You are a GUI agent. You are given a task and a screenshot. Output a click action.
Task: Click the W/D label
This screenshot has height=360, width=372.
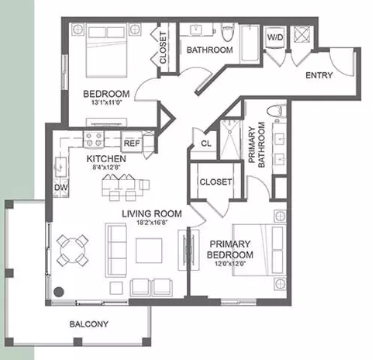tap(275, 37)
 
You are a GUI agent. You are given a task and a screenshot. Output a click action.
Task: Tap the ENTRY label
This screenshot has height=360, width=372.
tap(319, 75)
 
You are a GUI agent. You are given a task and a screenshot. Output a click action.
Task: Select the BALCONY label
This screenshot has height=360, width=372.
tap(89, 324)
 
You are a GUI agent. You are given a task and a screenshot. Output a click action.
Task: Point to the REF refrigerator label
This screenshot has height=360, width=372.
tap(132, 144)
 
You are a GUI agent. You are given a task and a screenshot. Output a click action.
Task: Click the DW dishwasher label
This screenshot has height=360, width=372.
tap(60, 187)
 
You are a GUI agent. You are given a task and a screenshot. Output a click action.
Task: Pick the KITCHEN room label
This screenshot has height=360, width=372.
tap(106, 158)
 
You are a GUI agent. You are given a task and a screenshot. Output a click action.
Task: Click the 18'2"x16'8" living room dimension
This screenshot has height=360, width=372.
tap(152, 223)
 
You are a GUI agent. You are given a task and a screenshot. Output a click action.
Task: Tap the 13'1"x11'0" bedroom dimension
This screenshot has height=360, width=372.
tap(106, 102)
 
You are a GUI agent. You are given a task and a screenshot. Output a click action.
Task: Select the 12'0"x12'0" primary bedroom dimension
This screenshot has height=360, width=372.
tap(230, 264)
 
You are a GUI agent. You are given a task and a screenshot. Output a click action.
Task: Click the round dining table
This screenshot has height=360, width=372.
tap(73, 251)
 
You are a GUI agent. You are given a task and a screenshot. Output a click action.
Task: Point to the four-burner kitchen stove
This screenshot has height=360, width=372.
tap(94, 139)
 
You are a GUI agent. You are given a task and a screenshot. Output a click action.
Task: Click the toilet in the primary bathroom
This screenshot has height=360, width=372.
tap(277, 112)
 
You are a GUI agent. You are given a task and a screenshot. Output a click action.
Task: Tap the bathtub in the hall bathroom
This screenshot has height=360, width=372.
tap(250, 43)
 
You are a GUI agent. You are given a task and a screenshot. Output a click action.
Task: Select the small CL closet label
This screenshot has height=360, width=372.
tap(206, 144)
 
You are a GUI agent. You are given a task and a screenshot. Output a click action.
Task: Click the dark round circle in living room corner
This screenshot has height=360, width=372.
tap(59, 292)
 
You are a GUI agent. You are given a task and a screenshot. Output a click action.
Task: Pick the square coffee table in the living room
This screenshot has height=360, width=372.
tap(149, 251)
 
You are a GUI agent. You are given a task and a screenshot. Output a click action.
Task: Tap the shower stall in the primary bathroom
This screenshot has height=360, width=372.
tap(229, 139)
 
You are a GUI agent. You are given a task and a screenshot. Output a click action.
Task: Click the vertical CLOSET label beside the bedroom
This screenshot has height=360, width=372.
tap(163, 48)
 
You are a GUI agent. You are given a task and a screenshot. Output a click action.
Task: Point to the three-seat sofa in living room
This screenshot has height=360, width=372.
tap(116, 250)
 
